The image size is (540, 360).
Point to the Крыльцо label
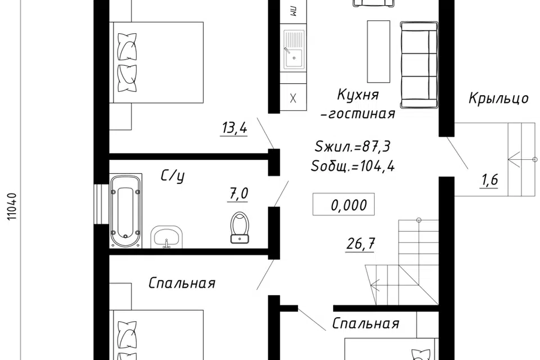click(x=498, y=98)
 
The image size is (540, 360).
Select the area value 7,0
click(x=238, y=195)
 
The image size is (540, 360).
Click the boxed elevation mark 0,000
click(x=343, y=205)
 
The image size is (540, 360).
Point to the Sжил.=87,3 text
click(x=353, y=147)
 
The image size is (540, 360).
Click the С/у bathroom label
click(x=173, y=177)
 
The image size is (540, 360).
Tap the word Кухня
click(x=358, y=93)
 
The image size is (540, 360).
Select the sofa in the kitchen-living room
click(x=419, y=64)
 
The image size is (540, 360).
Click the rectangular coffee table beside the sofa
click(x=377, y=51)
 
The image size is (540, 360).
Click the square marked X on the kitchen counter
click(x=292, y=98)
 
